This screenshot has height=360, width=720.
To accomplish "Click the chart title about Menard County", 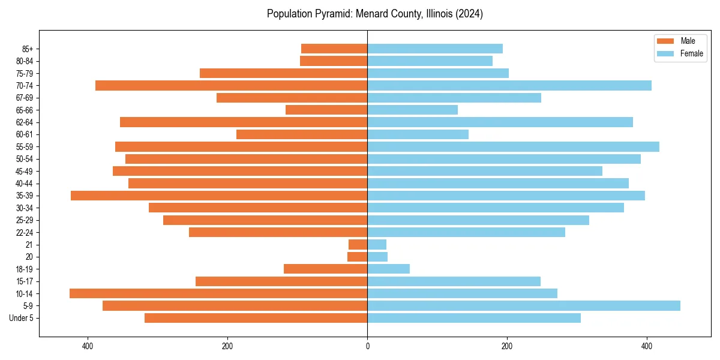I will tap(374, 14).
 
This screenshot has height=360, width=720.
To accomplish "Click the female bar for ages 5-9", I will tap(523, 305).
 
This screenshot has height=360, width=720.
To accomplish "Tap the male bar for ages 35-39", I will tap(219, 196).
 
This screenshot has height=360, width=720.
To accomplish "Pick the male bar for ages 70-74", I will tap(231, 85).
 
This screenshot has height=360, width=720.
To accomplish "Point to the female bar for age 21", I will tap(377, 244).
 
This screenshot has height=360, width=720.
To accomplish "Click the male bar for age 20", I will tap(358, 257).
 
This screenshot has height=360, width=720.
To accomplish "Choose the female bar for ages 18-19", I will tap(388, 269).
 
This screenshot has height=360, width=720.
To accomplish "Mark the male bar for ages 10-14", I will tap(218, 293).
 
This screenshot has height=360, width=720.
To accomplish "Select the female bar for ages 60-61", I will tap(418, 134).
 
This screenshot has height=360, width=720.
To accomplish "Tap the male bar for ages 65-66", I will tap(326, 110).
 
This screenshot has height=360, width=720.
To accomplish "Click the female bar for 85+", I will tap(435, 49).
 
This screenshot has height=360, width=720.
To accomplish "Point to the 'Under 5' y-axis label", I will tap(22, 318).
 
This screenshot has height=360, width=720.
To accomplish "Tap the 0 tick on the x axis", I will tap(367, 346).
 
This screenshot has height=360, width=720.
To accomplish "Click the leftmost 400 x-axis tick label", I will tap(88, 346).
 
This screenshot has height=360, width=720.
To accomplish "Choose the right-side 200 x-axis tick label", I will tap(507, 346).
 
